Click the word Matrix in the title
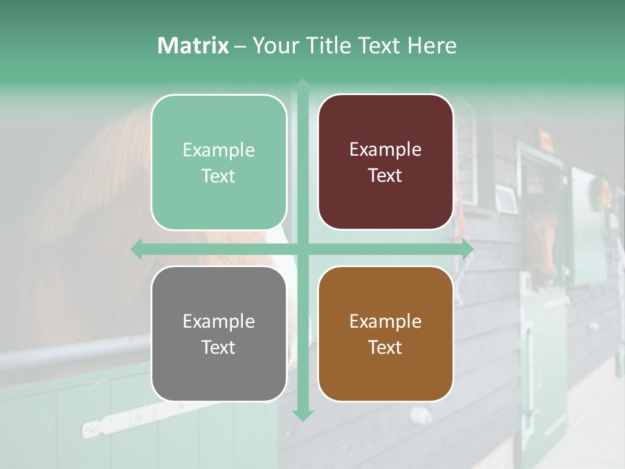(x=193, y=46)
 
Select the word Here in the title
(x=432, y=46)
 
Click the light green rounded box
(x=219, y=162)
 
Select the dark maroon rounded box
(x=385, y=162)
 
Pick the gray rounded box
(x=219, y=334)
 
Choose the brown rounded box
(x=385, y=334)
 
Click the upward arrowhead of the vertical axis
(x=303, y=84)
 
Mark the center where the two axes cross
(x=303, y=249)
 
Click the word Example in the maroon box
(x=385, y=150)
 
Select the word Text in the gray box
(x=218, y=347)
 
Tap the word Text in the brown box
(x=385, y=347)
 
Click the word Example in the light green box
(x=219, y=150)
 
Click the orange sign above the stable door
(x=544, y=137)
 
